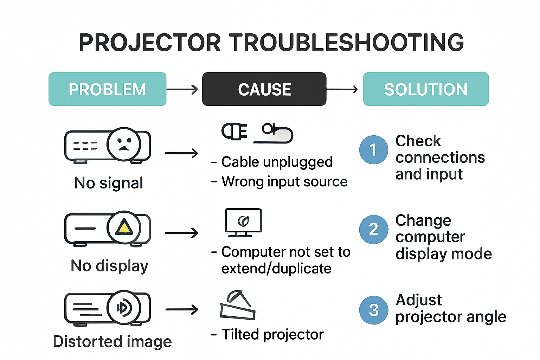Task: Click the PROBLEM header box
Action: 107,89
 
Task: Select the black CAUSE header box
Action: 264,89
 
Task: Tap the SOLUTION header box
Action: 426,89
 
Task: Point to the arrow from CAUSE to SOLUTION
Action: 342,89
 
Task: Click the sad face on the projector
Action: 124,144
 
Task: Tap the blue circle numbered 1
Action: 373,150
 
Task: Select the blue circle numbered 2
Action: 373,229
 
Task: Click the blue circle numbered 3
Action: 373,310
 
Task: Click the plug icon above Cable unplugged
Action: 234,131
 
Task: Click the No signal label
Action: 109,183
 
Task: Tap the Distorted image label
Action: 112,341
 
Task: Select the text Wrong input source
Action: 284,182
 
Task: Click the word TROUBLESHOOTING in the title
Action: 347,43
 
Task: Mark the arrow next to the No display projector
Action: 181,233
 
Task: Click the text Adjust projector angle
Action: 450,308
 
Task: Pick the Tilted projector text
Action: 272,334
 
